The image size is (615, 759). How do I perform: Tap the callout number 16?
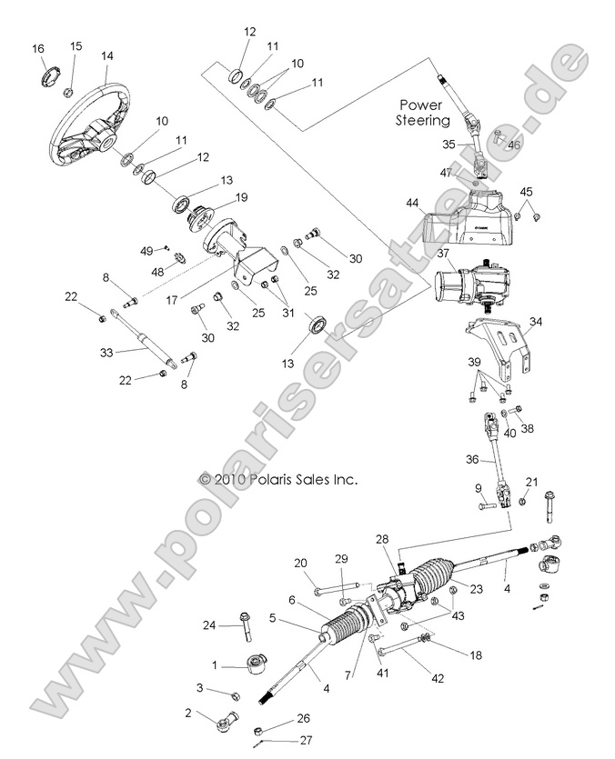click(37, 48)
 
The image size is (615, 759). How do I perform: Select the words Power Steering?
click(423, 112)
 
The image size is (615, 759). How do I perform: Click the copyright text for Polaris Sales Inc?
click(277, 478)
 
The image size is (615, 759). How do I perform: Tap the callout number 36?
click(471, 460)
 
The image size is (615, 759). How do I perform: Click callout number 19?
click(242, 197)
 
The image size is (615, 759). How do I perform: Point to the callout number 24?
click(209, 624)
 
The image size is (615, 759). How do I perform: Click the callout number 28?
click(382, 539)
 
